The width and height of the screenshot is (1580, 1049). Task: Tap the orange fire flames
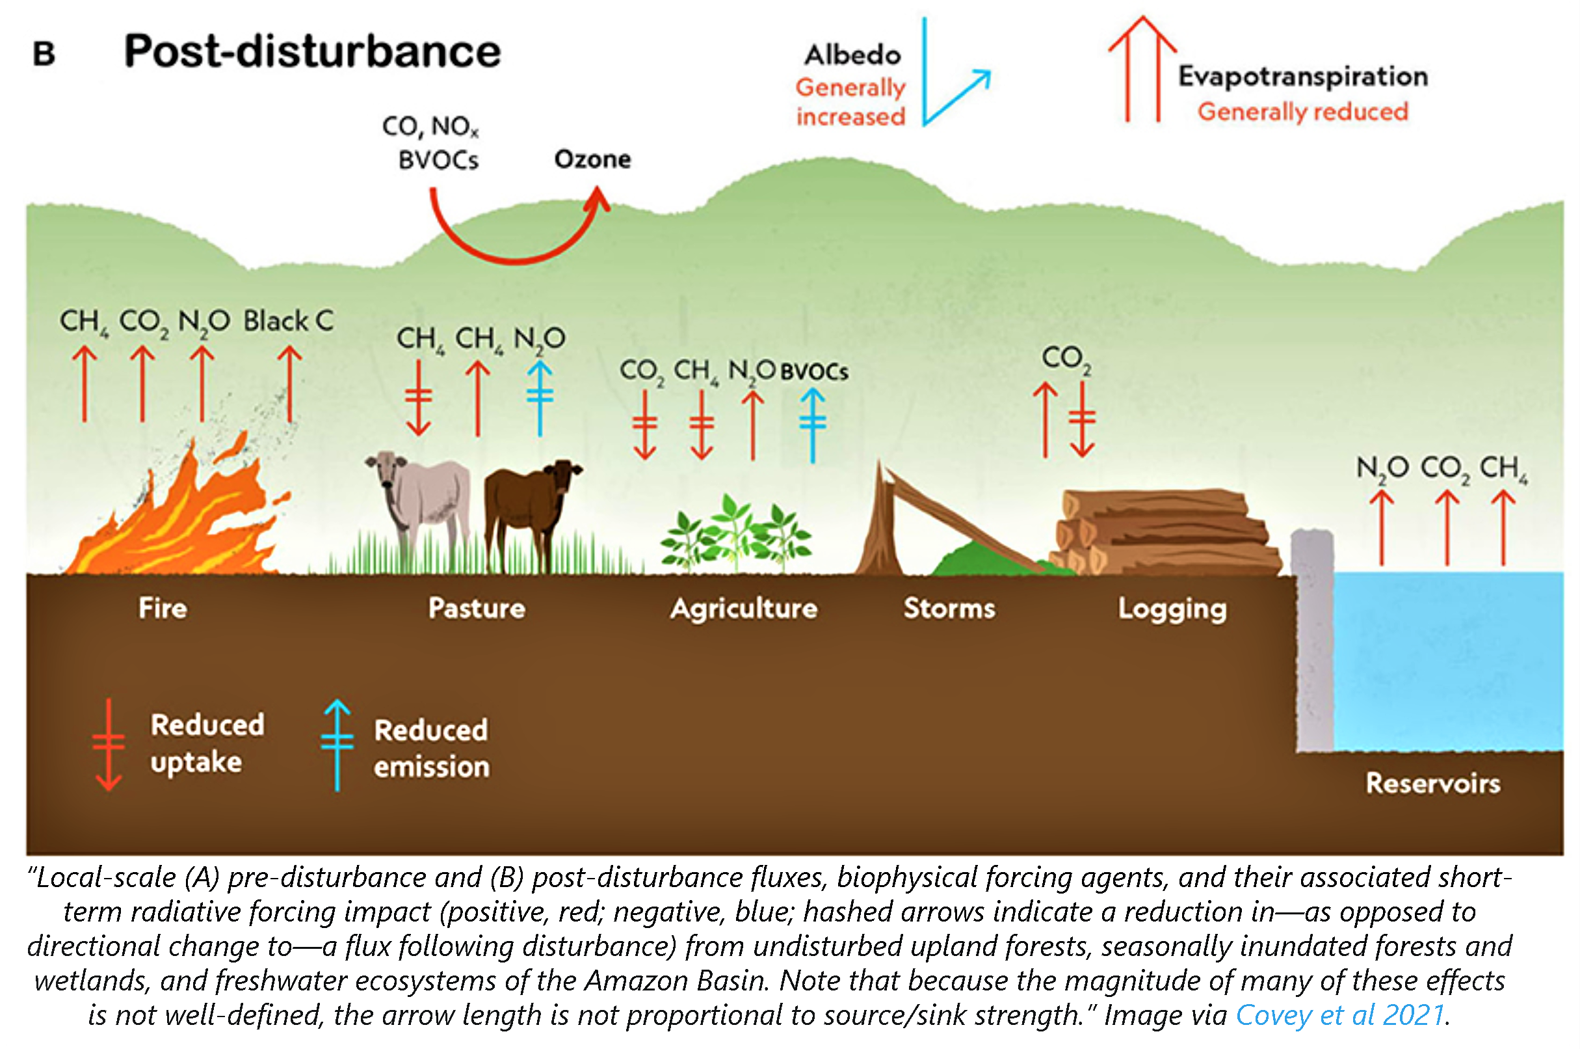(181, 522)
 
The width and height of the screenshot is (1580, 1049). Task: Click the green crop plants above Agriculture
(736, 535)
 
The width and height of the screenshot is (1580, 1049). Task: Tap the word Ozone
(592, 159)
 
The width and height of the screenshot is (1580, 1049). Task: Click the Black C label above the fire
(287, 321)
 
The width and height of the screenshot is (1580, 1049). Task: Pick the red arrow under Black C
(289, 385)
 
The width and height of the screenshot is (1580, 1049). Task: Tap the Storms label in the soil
(949, 608)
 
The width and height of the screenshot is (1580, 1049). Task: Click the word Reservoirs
(1432, 784)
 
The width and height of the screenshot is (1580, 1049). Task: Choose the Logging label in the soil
(1172, 609)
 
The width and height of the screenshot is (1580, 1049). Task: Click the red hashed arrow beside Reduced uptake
(109, 745)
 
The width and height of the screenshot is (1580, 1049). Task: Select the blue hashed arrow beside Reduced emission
(337, 745)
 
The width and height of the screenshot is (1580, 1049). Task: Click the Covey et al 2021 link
(1339, 1015)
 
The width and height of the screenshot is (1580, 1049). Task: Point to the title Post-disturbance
(311, 51)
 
